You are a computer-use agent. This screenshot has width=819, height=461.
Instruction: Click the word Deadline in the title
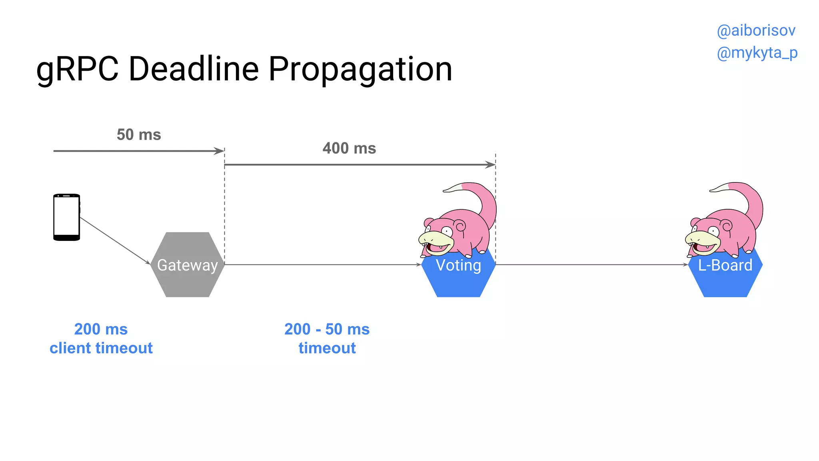pyautogui.click(x=194, y=69)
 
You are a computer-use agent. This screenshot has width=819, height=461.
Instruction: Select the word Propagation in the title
pyautogui.click(x=360, y=70)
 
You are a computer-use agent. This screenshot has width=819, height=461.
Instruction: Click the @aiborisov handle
pyautogui.click(x=756, y=31)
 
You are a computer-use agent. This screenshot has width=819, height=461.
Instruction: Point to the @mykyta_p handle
pyautogui.click(x=757, y=53)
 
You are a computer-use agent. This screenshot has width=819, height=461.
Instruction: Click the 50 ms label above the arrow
pyautogui.click(x=139, y=135)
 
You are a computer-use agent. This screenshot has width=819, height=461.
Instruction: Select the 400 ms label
pyautogui.click(x=349, y=148)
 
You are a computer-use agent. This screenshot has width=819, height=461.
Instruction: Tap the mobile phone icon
pyautogui.click(x=67, y=217)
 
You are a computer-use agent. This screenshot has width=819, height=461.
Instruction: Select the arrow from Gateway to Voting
pyautogui.click(x=322, y=265)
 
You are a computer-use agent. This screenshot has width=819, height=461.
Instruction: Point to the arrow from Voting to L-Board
pyautogui.click(x=591, y=265)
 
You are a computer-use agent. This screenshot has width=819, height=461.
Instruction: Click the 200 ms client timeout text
pyautogui.click(x=101, y=339)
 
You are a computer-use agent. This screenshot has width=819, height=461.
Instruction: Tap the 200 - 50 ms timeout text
pyautogui.click(x=327, y=339)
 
